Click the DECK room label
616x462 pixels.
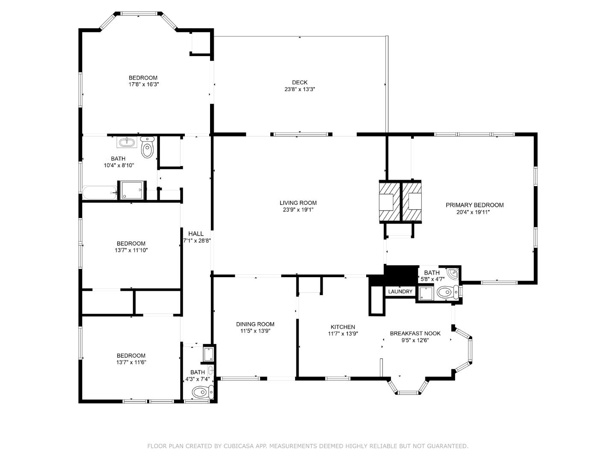coord(299,83)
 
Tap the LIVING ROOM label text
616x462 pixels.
coord(298,203)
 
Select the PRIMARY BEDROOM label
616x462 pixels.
coord(474,205)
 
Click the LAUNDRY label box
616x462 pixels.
coord(400,292)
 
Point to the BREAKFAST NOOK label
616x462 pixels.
coord(415,334)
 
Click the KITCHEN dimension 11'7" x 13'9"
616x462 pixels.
coord(343,334)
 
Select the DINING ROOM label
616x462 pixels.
coord(255,324)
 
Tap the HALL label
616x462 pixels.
coord(196,234)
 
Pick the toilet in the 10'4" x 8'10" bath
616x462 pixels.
coord(147,148)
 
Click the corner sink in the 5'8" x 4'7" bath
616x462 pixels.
coord(453,272)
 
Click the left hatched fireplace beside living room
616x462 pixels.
coord(389,201)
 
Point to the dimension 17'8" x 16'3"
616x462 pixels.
coord(144,84)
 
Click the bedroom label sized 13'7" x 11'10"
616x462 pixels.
coord(131,243)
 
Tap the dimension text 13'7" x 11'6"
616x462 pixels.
coord(131,362)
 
